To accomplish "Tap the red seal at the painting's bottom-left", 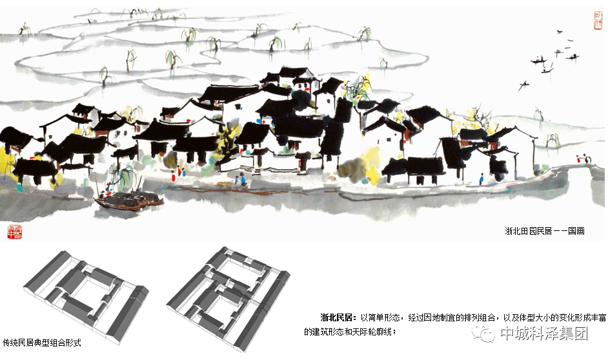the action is point(14,231).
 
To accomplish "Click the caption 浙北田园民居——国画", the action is point(545,230).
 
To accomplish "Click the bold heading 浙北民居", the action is point(338,317).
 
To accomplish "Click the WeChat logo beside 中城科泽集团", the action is point(484,334).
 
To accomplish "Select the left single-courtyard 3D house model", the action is point(86,294).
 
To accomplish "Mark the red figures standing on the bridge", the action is point(585,157).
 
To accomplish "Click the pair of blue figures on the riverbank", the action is point(241,181).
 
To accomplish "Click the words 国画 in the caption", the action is point(576,230).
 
